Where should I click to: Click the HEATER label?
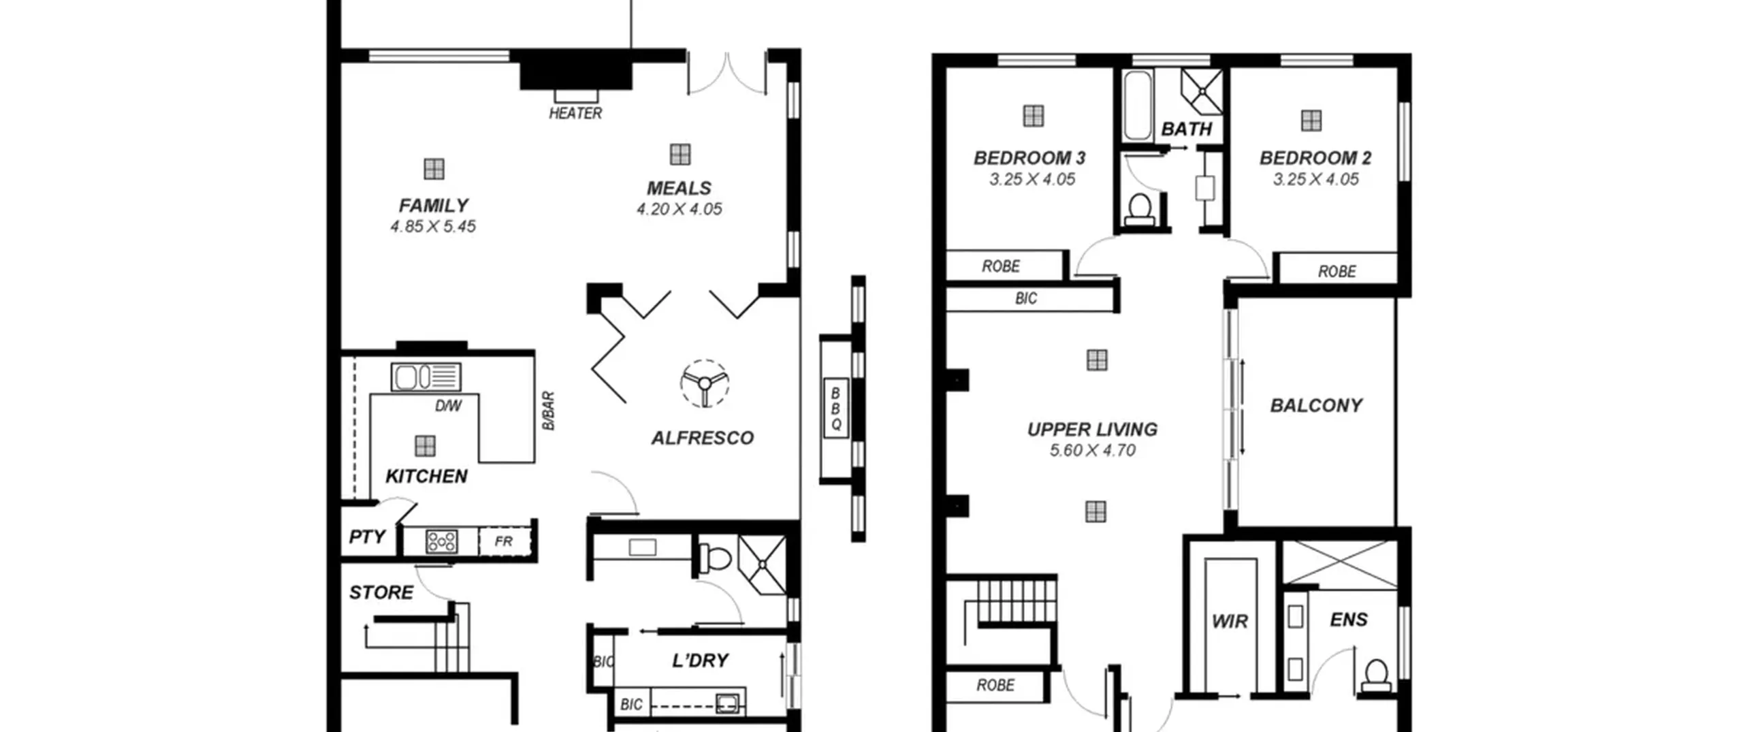[575, 113]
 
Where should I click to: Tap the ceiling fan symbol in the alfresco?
[705, 383]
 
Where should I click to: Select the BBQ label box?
[836, 408]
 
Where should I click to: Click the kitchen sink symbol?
[426, 377]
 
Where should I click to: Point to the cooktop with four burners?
[441, 542]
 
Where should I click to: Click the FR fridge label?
[503, 541]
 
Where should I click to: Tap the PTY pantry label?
[367, 537]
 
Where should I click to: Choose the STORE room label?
[381, 592]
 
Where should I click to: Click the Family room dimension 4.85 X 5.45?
[433, 227]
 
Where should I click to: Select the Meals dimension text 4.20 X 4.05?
[679, 209]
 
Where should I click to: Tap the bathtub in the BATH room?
[1137, 105]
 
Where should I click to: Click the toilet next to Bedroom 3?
[1139, 208]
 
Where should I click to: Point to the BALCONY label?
[1316, 406]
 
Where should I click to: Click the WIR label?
[1230, 621]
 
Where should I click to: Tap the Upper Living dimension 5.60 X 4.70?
[1093, 451]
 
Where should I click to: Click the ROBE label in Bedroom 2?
[1337, 272]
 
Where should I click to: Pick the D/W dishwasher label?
[448, 407]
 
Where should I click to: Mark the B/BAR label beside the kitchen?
[549, 411]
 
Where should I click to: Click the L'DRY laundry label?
[700, 661]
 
